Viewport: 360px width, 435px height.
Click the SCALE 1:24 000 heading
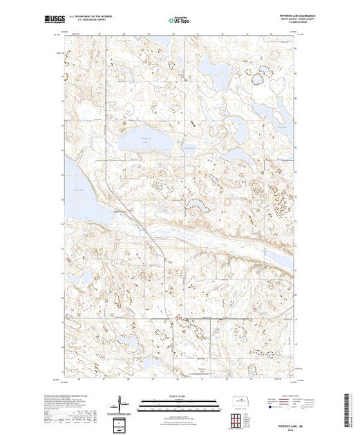(179, 398)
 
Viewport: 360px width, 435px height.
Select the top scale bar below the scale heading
(179, 403)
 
